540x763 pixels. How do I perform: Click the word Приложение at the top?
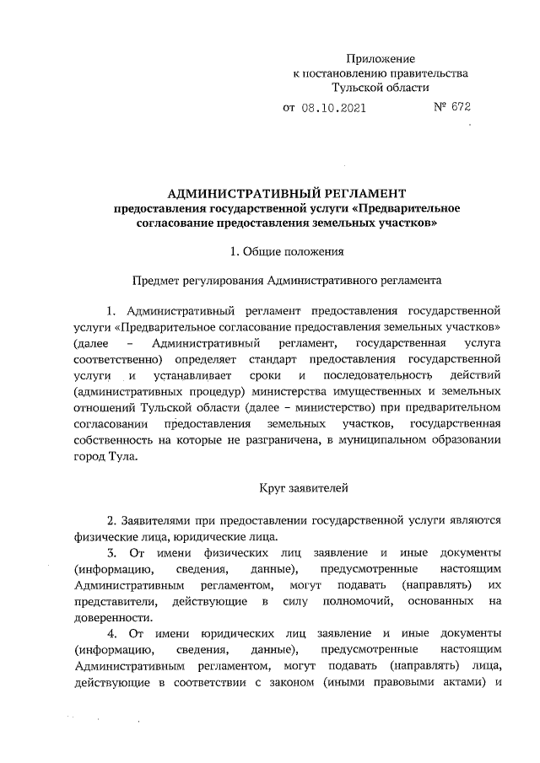tap(381, 58)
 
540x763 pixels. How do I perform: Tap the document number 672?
tap(460, 107)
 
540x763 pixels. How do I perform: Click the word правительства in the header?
tap(426, 73)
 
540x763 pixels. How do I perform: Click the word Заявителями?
tap(159, 521)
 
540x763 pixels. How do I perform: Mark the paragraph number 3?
tap(111, 552)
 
